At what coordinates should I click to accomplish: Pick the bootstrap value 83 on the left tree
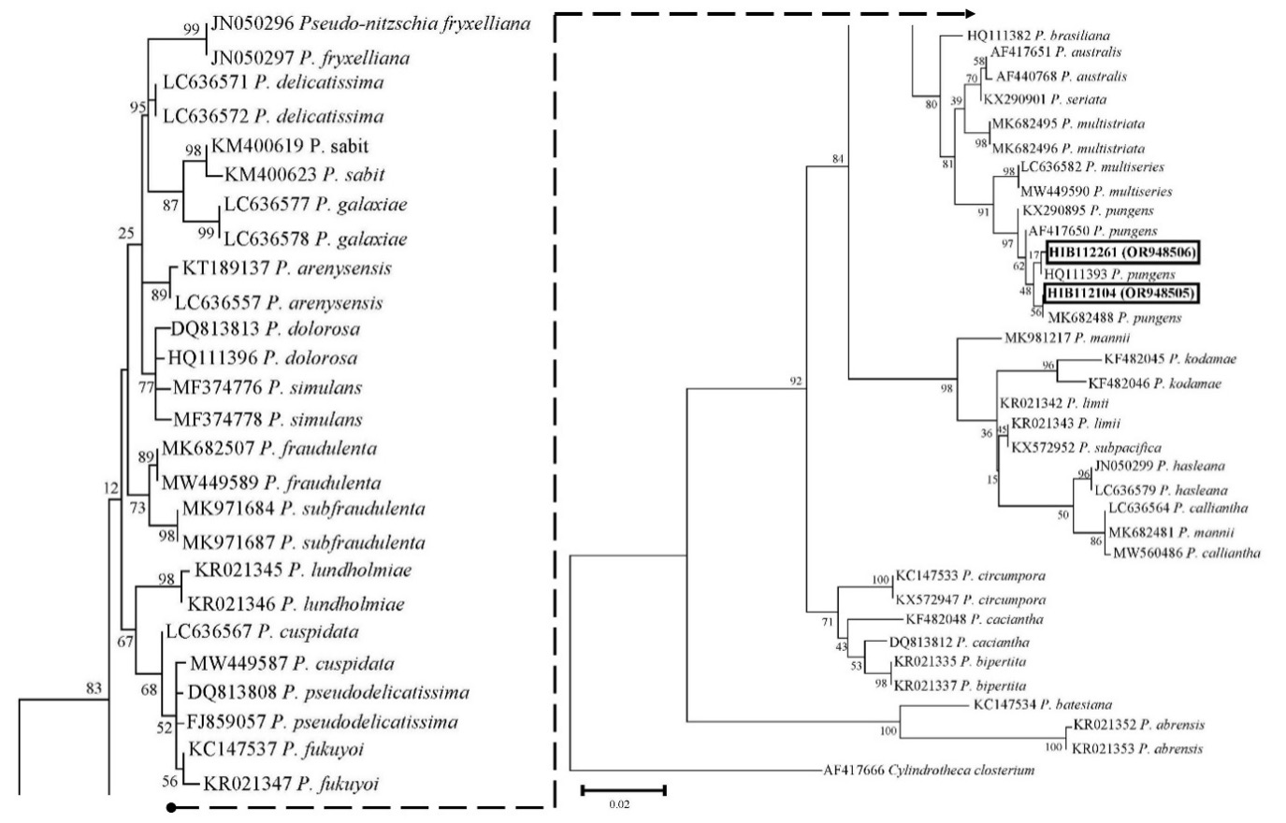pyautogui.click(x=93, y=689)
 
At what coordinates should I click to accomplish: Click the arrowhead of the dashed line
pyautogui.click(x=958, y=14)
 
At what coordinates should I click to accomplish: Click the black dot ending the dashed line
pyautogui.click(x=170, y=806)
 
